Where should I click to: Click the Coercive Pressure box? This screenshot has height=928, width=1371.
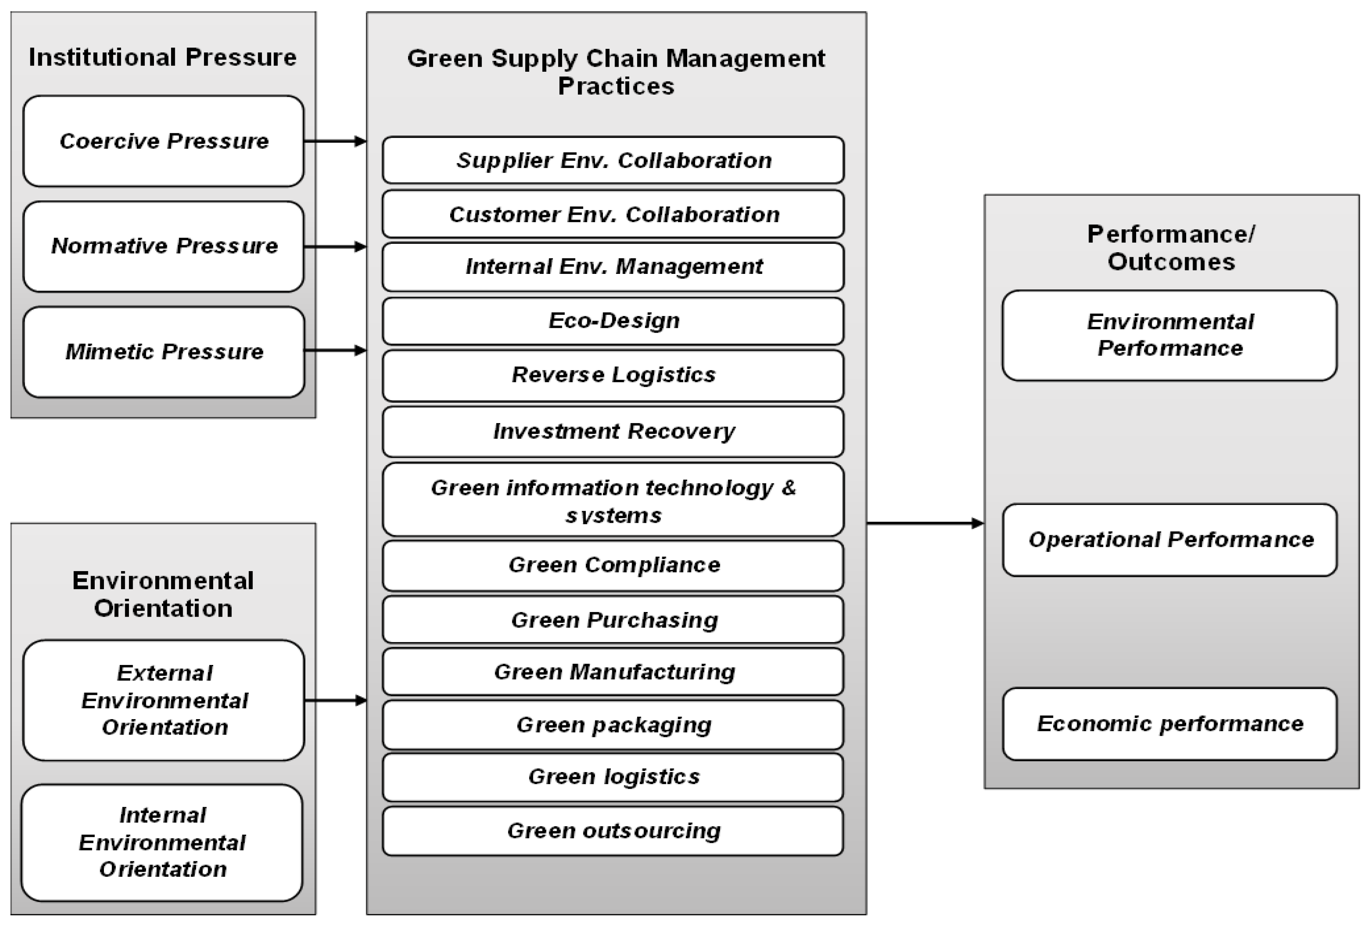pyautogui.click(x=164, y=141)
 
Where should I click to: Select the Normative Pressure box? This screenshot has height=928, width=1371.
pyautogui.click(x=164, y=246)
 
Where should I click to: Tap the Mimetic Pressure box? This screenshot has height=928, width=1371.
pyautogui.click(x=164, y=351)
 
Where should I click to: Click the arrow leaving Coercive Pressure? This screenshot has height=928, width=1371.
pyautogui.click(x=335, y=141)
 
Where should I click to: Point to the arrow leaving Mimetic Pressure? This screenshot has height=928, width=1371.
pyautogui.click(x=335, y=351)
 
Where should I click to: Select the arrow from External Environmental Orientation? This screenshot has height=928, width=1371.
pyautogui.click(x=335, y=700)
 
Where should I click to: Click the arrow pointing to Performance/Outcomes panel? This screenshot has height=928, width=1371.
pyautogui.click(x=925, y=523)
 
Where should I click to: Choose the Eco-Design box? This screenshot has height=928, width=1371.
pyautogui.click(x=613, y=321)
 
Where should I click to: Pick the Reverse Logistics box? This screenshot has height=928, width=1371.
pyautogui.click(x=613, y=375)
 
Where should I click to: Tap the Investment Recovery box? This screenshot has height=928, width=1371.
pyautogui.click(x=613, y=431)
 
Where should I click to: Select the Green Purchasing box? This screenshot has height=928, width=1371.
pyautogui.click(x=613, y=620)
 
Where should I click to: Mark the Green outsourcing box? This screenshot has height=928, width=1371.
pyautogui.click(x=613, y=831)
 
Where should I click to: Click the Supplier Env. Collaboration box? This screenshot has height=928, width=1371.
pyautogui.click(x=613, y=161)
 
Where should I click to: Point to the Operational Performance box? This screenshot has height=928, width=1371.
pyautogui.click(x=1170, y=539)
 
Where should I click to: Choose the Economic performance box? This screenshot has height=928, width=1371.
pyautogui.click(x=1170, y=723)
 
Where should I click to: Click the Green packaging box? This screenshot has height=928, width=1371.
pyautogui.click(x=613, y=725)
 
